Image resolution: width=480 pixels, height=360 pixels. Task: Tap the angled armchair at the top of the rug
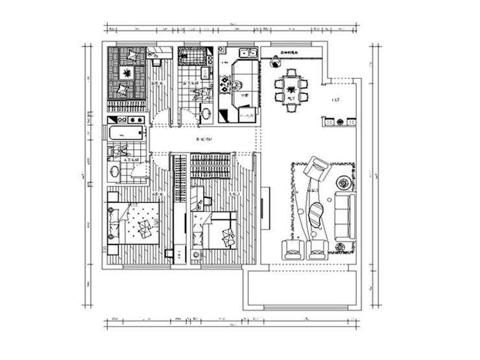317,168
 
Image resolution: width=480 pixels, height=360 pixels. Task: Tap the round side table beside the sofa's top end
342,182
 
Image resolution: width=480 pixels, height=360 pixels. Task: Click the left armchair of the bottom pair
289,248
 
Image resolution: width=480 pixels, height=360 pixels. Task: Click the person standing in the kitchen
238,85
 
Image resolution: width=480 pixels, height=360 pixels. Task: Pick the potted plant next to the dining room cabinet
275,62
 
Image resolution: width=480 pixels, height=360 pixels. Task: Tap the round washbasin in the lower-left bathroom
115,173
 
